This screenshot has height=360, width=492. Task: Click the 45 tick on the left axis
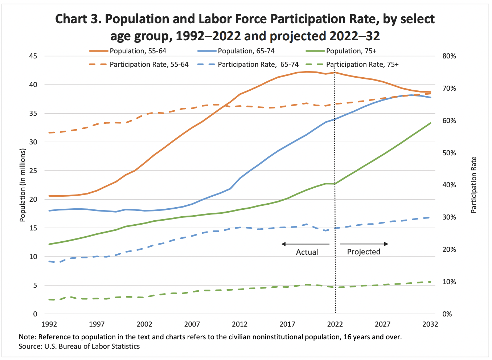pyautogui.click(x=33, y=56)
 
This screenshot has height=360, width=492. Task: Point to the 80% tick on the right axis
pyautogui.click(x=449, y=56)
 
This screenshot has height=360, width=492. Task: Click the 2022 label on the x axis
pyautogui.click(x=335, y=324)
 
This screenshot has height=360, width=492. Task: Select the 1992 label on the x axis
pyautogui.click(x=49, y=324)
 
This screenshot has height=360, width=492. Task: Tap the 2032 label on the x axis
pyautogui.click(x=430, y=324)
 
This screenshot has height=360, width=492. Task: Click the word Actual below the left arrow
pyautogui.click(x=307, y=252)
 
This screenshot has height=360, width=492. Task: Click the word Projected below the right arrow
pyautogui.click(x=364, y=252)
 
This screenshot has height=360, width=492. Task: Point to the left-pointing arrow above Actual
pyautogui.click(x=305, y=244)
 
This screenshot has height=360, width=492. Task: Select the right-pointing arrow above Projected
pyautogui.click(x=364, y=244)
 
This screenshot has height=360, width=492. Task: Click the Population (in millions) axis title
pyautogui.click(x=23, y=185)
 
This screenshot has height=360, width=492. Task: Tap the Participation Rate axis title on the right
pyautogui.click(x=473, y=185)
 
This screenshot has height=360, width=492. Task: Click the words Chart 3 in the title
pyautogui.click(x=78, y=19)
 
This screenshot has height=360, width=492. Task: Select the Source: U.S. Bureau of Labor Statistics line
pyautogui.click(x=79, y=347)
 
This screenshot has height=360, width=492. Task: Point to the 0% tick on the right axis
pyautogui.click(x=447, y=314)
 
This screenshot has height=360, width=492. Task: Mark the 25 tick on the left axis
pyautogui.click(x=33, y=171)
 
